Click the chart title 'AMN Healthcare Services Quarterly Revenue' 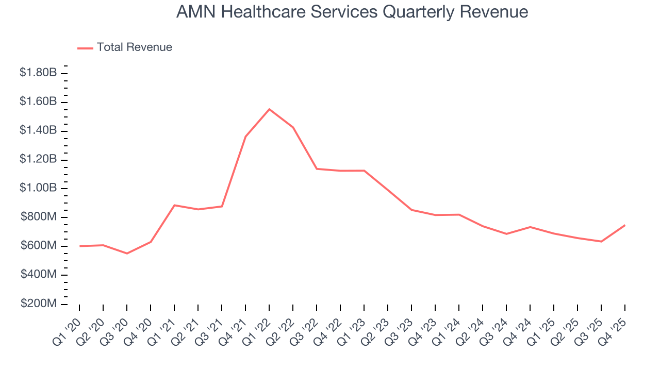point(352,11)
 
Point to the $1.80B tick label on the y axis point(38,73)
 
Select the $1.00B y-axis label point(38,188)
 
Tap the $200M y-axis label point(39,303)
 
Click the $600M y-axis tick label point(39,246)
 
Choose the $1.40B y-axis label point(38,130)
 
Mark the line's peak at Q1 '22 point(269,109)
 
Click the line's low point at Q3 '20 point(127,254)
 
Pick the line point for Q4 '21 point(245,137)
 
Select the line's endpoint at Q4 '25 point(625,225)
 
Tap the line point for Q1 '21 point(174,205)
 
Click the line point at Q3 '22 point(317,168)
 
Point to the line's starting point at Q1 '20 point(79,246)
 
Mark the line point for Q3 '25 point(601,242)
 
